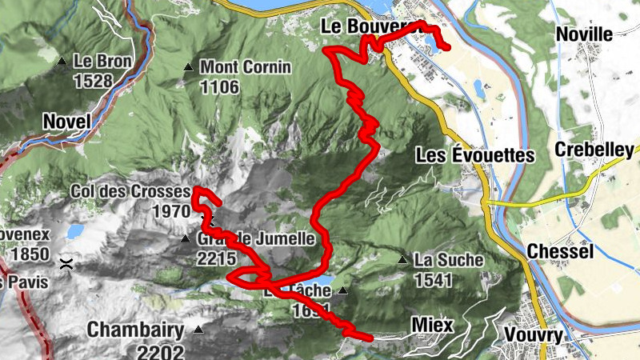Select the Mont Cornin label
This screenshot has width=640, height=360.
pos(245,67)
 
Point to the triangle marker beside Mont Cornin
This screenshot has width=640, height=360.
pos(188,67)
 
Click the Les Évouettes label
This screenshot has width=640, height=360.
pos(474,155)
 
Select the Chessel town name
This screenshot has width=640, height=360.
pos(559,252)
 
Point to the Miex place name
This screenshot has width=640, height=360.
pos(432,325)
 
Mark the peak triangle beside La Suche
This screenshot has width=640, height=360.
pos(403,259)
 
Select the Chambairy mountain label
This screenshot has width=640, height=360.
pos(135,330)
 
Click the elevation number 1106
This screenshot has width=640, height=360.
pos(219,86)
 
